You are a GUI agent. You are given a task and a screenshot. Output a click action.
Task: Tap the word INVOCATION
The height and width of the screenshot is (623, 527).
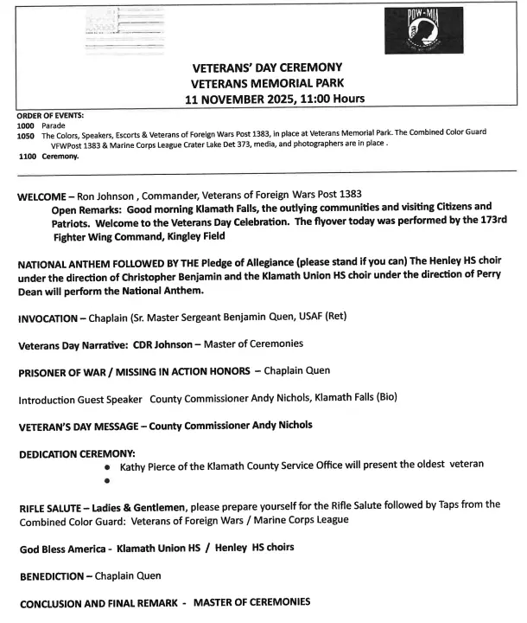53,318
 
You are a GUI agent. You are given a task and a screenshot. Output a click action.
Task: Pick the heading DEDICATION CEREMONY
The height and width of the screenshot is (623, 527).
77,453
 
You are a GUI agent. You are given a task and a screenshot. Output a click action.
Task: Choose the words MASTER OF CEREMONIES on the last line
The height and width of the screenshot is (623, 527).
251,601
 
